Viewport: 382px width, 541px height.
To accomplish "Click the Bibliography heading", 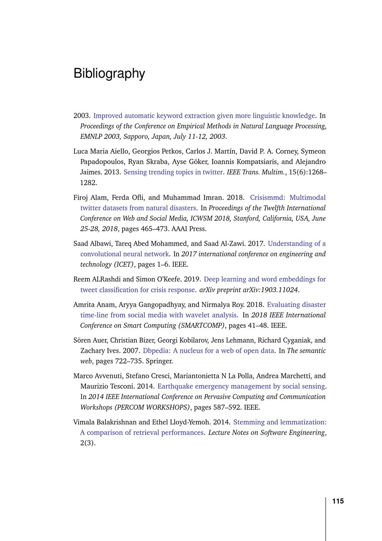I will (x=109, y=73).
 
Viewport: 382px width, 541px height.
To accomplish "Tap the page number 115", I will (x=338, y=501).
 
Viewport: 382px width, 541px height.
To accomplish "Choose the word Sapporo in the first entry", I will (x=136, y=136).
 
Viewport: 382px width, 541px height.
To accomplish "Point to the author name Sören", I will (x=82, y=340).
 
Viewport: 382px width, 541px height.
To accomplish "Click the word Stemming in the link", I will (x=249, y=422).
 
